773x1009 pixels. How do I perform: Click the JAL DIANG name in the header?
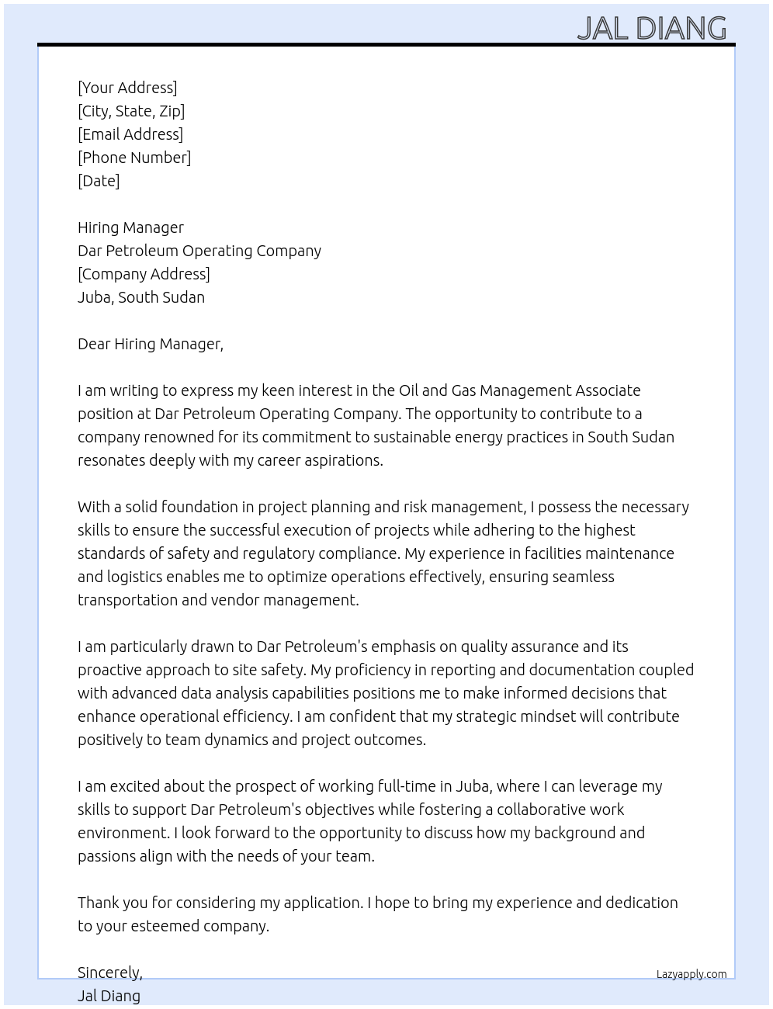coord(652,28)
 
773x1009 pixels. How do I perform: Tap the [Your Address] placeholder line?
coord(127,88)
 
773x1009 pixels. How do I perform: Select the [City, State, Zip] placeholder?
coord(131,111)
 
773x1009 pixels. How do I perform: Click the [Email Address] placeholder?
coord(130,134)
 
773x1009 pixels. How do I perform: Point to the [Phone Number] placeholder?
coord(134,158)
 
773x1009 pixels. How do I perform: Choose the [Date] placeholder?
coord(99,181)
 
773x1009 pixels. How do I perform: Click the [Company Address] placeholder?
coord(144,274)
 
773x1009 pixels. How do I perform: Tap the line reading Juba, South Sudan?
coord(141,297)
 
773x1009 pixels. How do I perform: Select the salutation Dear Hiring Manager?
coord(151,344)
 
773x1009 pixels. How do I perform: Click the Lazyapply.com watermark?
coord(691,974)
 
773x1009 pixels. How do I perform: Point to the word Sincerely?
coord(110,973)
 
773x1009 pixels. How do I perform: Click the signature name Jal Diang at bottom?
coord(109,996)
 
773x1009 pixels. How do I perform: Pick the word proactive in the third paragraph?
coord(109,670)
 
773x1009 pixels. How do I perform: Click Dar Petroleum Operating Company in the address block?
coord(199,251)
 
